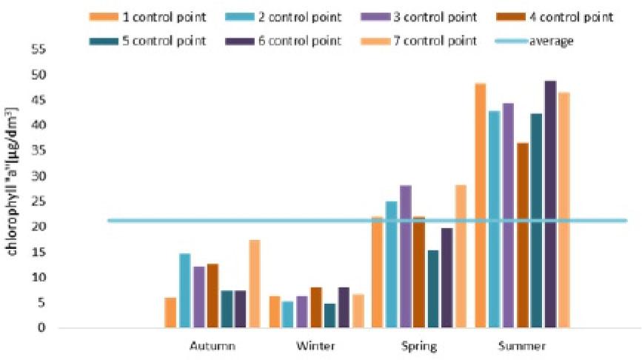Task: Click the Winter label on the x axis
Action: (315, 346)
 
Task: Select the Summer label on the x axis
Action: (522, 346)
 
